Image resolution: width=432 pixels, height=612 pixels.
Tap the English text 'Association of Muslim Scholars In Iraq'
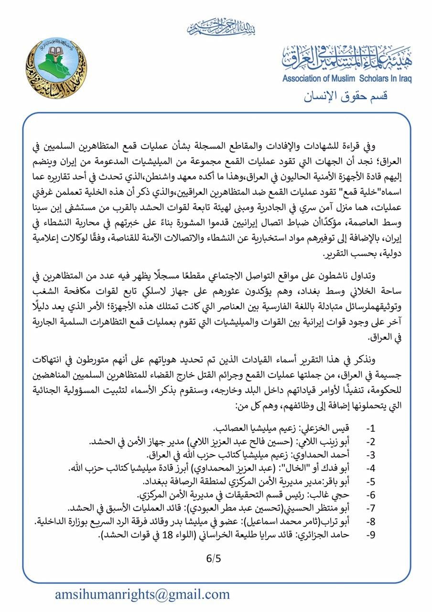pos(346,79)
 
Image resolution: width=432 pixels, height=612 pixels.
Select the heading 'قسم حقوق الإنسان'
pos(346,96)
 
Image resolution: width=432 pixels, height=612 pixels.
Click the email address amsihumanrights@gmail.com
pos(142,594)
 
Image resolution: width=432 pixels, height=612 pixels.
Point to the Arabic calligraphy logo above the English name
pos(346,58)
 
